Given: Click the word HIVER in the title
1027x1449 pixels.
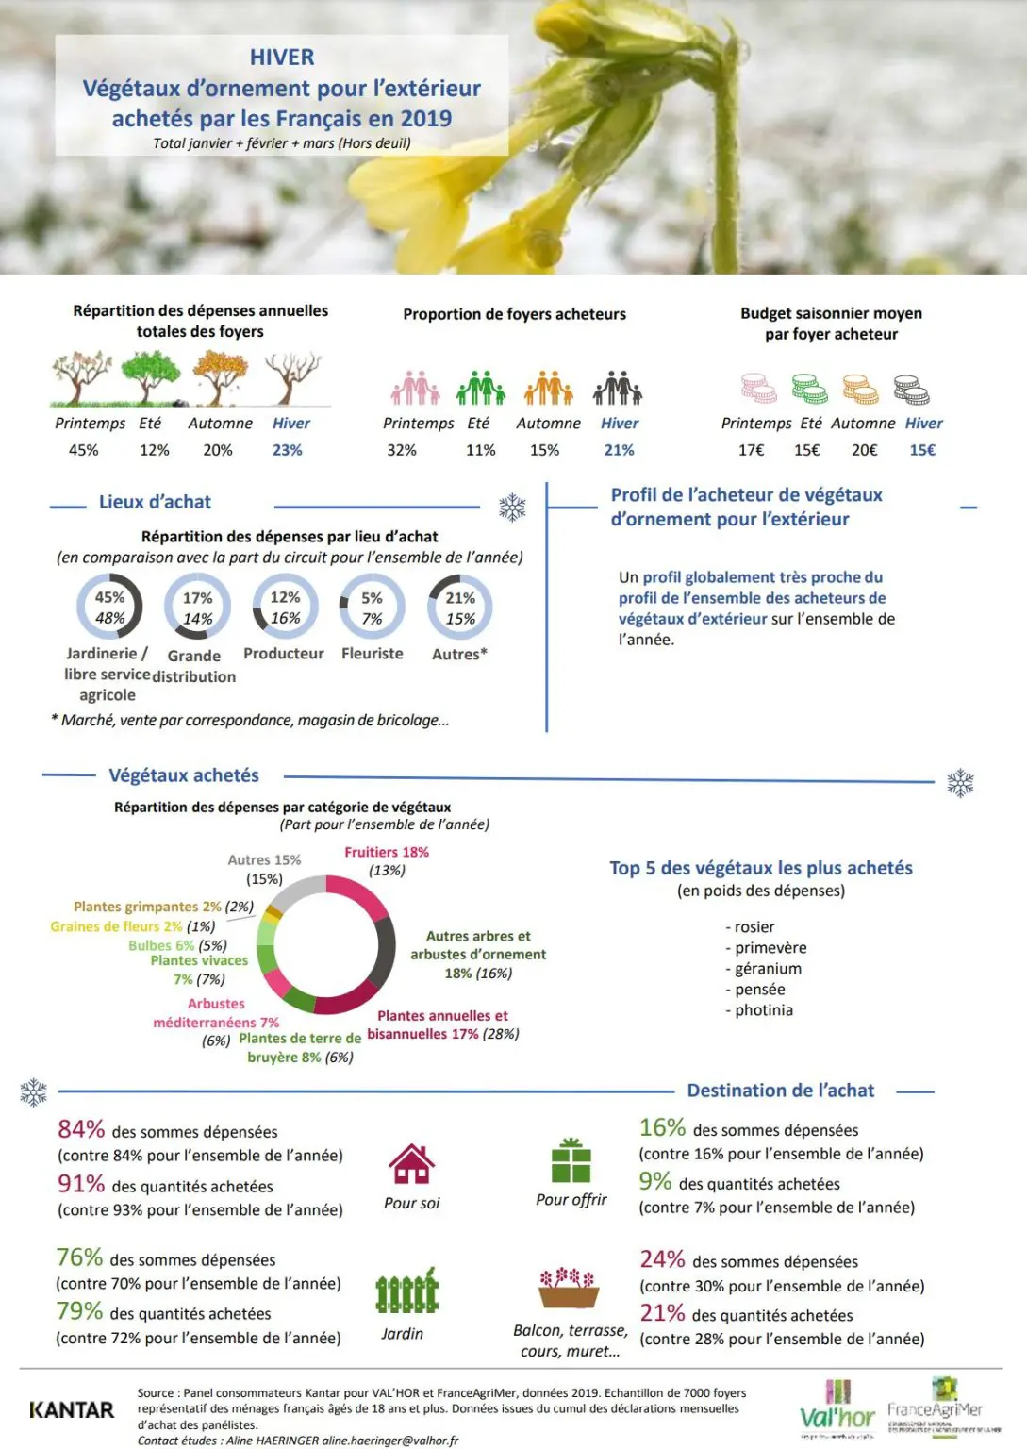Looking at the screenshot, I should (282, 58).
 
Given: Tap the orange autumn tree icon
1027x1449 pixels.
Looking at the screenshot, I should (220, 376).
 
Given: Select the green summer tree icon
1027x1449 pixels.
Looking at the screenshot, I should (150, 376).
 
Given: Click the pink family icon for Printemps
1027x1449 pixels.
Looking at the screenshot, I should (415, 387).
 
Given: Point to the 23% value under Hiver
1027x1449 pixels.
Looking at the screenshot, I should (288, 451).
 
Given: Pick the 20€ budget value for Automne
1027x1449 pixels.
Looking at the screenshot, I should (864, 451).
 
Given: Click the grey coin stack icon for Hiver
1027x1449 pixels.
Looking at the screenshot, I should (911, 389).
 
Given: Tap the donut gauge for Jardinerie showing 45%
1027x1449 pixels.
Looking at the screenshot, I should (109, 608).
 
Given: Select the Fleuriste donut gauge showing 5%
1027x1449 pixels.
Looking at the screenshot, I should (373, 608).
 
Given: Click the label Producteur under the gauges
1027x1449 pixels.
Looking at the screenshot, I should (284, 654).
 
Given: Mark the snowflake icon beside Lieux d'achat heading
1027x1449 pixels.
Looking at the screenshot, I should (512, 508).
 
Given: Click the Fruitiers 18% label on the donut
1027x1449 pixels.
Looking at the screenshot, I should (387, 852).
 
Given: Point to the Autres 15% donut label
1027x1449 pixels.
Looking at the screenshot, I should (264, 860).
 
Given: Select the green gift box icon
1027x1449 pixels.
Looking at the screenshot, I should (571, 1160).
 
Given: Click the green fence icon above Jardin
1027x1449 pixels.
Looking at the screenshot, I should (407, 1291).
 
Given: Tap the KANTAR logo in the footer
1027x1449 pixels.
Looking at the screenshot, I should (72, 1410).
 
